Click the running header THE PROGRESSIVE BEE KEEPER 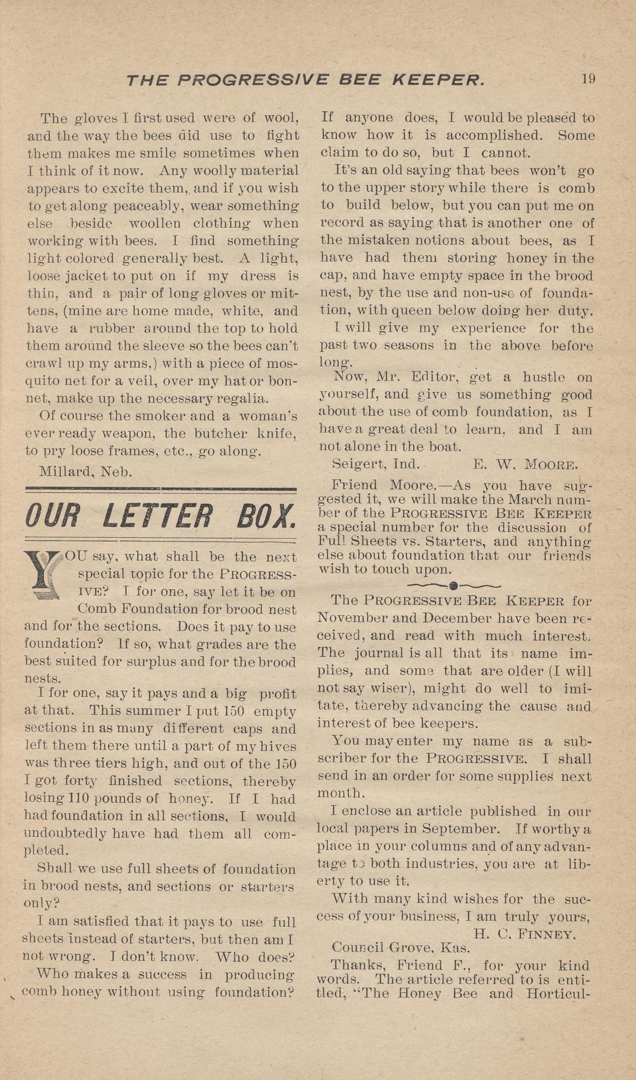[306, 80]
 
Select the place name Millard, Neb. [85, 472]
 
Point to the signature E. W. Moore [526, 464]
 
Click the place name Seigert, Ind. [375, 464]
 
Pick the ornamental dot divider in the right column [454, 585]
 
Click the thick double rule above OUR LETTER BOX [161, 489]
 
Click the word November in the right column [346, 618]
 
